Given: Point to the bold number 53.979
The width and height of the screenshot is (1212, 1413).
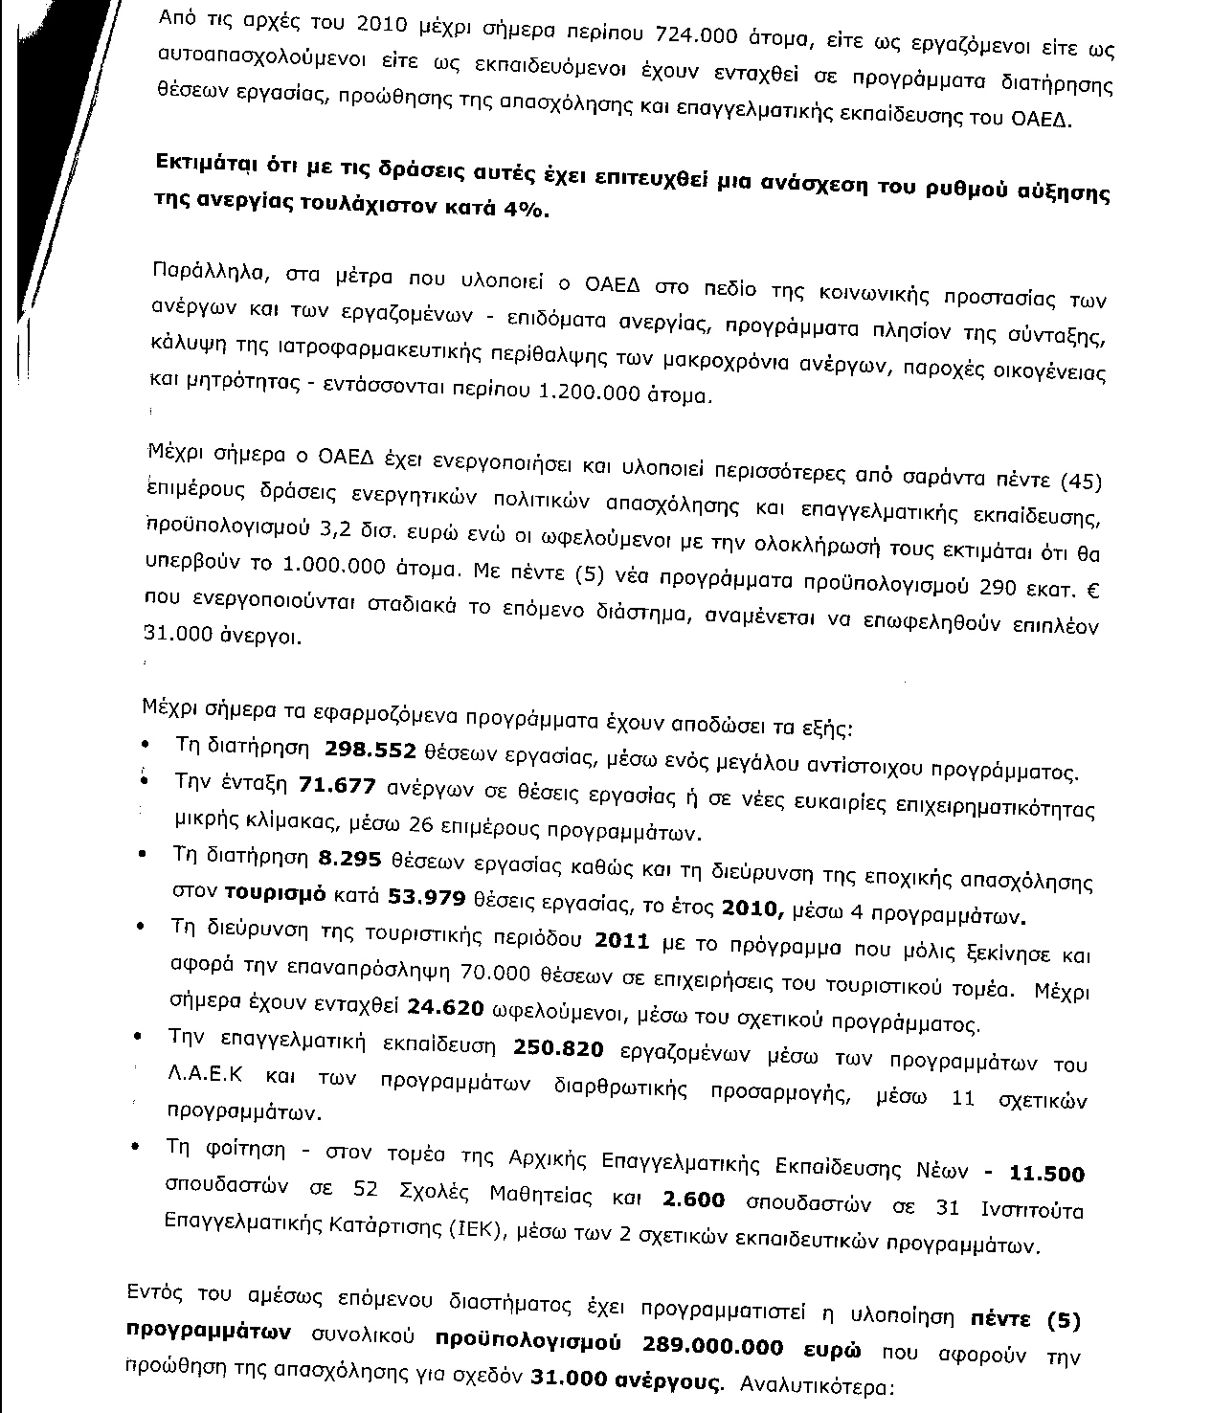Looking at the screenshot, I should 426,897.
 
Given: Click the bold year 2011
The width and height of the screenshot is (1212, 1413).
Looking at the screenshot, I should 622,941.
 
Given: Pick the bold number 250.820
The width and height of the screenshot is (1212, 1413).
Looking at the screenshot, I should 558,1049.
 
